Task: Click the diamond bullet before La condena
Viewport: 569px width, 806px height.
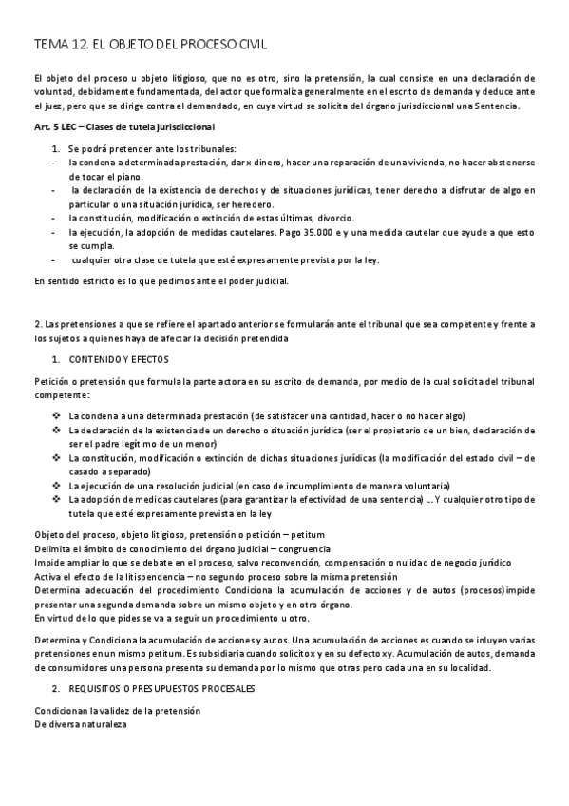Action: point(58,415)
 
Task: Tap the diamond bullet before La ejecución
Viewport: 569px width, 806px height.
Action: point(58,485)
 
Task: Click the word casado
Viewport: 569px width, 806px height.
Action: point(87,470)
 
